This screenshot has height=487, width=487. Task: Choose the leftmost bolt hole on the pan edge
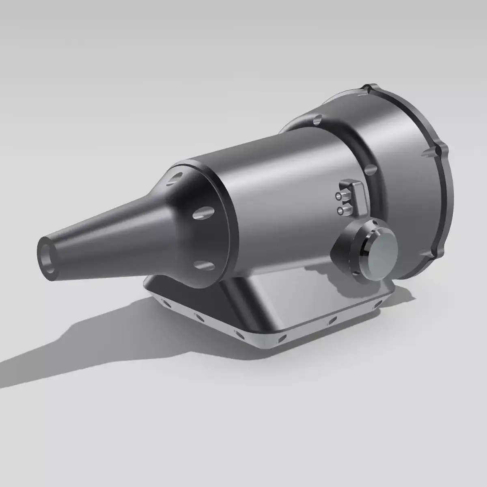(x=164, y=302)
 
